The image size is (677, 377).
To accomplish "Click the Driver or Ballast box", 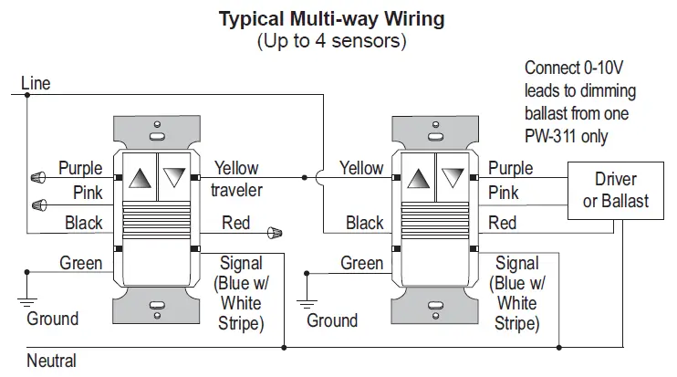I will click(615, 190).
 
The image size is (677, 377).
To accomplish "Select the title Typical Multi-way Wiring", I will click(331, 18).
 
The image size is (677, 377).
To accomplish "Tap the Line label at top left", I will click(36, 84).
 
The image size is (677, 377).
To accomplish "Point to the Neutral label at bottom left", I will click(51, 361).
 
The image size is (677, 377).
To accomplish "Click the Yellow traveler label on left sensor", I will click(236, 179).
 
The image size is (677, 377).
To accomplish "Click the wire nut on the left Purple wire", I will click(37, 176).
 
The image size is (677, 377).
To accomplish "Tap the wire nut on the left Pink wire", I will click(37, 203).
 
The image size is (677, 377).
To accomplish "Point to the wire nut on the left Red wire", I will click(275, 232).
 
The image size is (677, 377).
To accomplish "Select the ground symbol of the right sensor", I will click(306, 302).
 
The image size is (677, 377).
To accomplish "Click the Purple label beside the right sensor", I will click(510, 168).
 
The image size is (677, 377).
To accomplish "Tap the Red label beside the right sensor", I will click(502, 223).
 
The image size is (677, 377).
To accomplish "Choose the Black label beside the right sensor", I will click(364, 223).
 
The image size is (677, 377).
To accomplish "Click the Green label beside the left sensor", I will click(81, 263).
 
